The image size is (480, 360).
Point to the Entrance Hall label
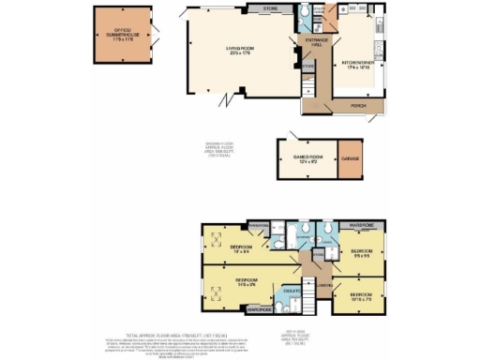(312, 43)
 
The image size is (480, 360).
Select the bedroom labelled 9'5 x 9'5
(362, 254)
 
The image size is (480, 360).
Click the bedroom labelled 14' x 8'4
(242, 248)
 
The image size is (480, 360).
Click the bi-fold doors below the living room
(225, 97)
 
